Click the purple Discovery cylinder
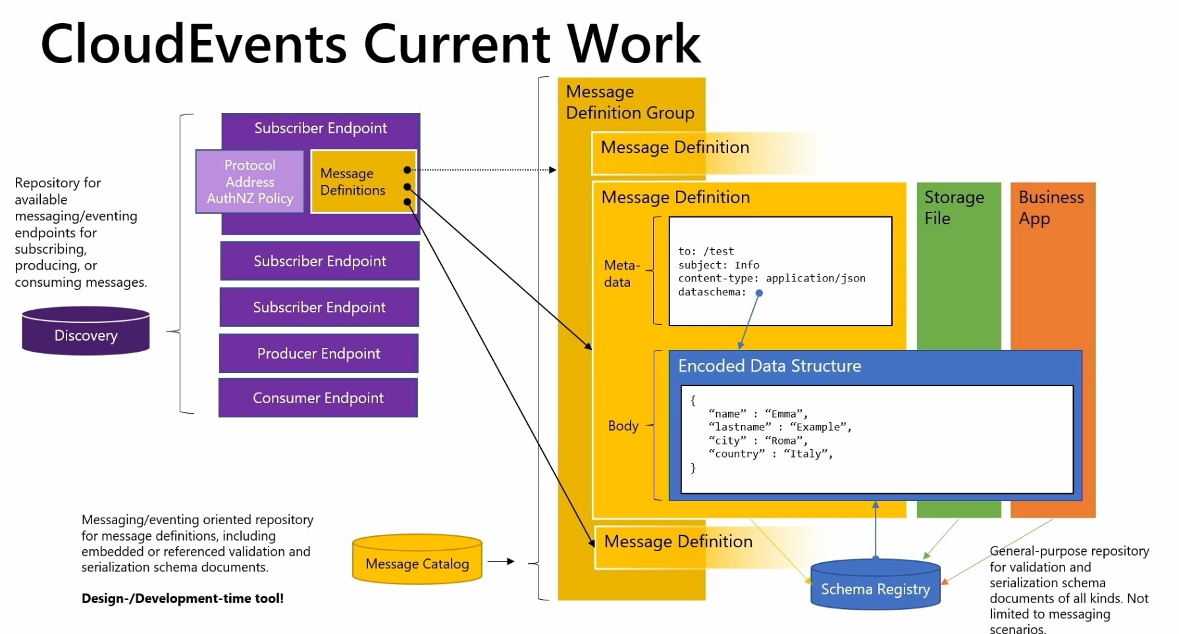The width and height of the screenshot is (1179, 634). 86,331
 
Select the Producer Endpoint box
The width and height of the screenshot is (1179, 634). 319,353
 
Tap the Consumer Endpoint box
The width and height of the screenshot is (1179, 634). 318,397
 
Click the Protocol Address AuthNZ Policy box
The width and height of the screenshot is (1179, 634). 250,182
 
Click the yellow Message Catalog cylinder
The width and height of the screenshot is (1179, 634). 417,559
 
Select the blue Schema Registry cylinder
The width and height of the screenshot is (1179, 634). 876,584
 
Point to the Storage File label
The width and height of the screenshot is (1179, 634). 954,208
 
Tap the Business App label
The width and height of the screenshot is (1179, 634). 1051,208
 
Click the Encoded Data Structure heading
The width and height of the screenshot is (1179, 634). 770,366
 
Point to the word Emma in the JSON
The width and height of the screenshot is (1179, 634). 784,414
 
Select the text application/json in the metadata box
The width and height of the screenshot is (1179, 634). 816,278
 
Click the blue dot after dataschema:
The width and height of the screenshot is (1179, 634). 759,293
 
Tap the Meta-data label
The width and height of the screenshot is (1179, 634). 621,274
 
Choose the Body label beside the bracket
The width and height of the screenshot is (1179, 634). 623,426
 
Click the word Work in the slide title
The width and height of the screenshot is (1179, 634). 634,43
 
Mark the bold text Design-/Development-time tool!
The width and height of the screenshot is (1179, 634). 182,598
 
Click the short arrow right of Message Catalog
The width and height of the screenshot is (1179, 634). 501,561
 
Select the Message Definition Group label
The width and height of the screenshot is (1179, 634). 630,102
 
